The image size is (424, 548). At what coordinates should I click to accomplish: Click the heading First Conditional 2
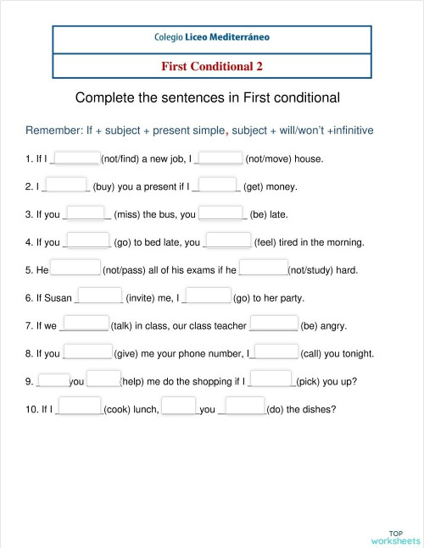pos(212,65)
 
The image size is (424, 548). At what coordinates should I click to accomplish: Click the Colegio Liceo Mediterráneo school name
pos(212,38)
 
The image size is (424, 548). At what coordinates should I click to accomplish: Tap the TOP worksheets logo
pos(394,536)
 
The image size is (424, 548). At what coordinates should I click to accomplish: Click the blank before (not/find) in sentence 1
pos(77,157)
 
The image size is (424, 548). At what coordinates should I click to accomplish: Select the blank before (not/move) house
pos(221,157)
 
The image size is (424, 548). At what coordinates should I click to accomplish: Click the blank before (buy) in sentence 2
pos(65,185)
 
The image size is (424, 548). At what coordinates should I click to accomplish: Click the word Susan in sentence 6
pos(59,298)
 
